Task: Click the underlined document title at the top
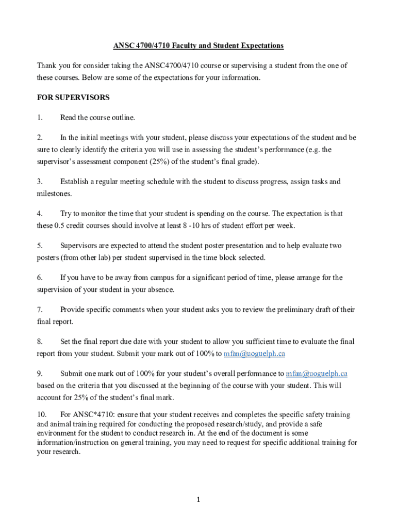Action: pyautogui.click(x=198, y=46)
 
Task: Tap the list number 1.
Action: pyautogui.click(x=40, y=118)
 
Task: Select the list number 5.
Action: pyautogui.click(x=40, y=245)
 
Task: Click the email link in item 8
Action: pyautogui.click(x=254, y=354)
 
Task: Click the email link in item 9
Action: pyautogui.click(x=320, y=373)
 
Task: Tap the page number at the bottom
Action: pyautogui.click(x=198, y=500)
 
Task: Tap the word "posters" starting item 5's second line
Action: pyautogui.click(x=49, y=258)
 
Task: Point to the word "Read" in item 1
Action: pyautogui.click(x=68, y=118)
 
